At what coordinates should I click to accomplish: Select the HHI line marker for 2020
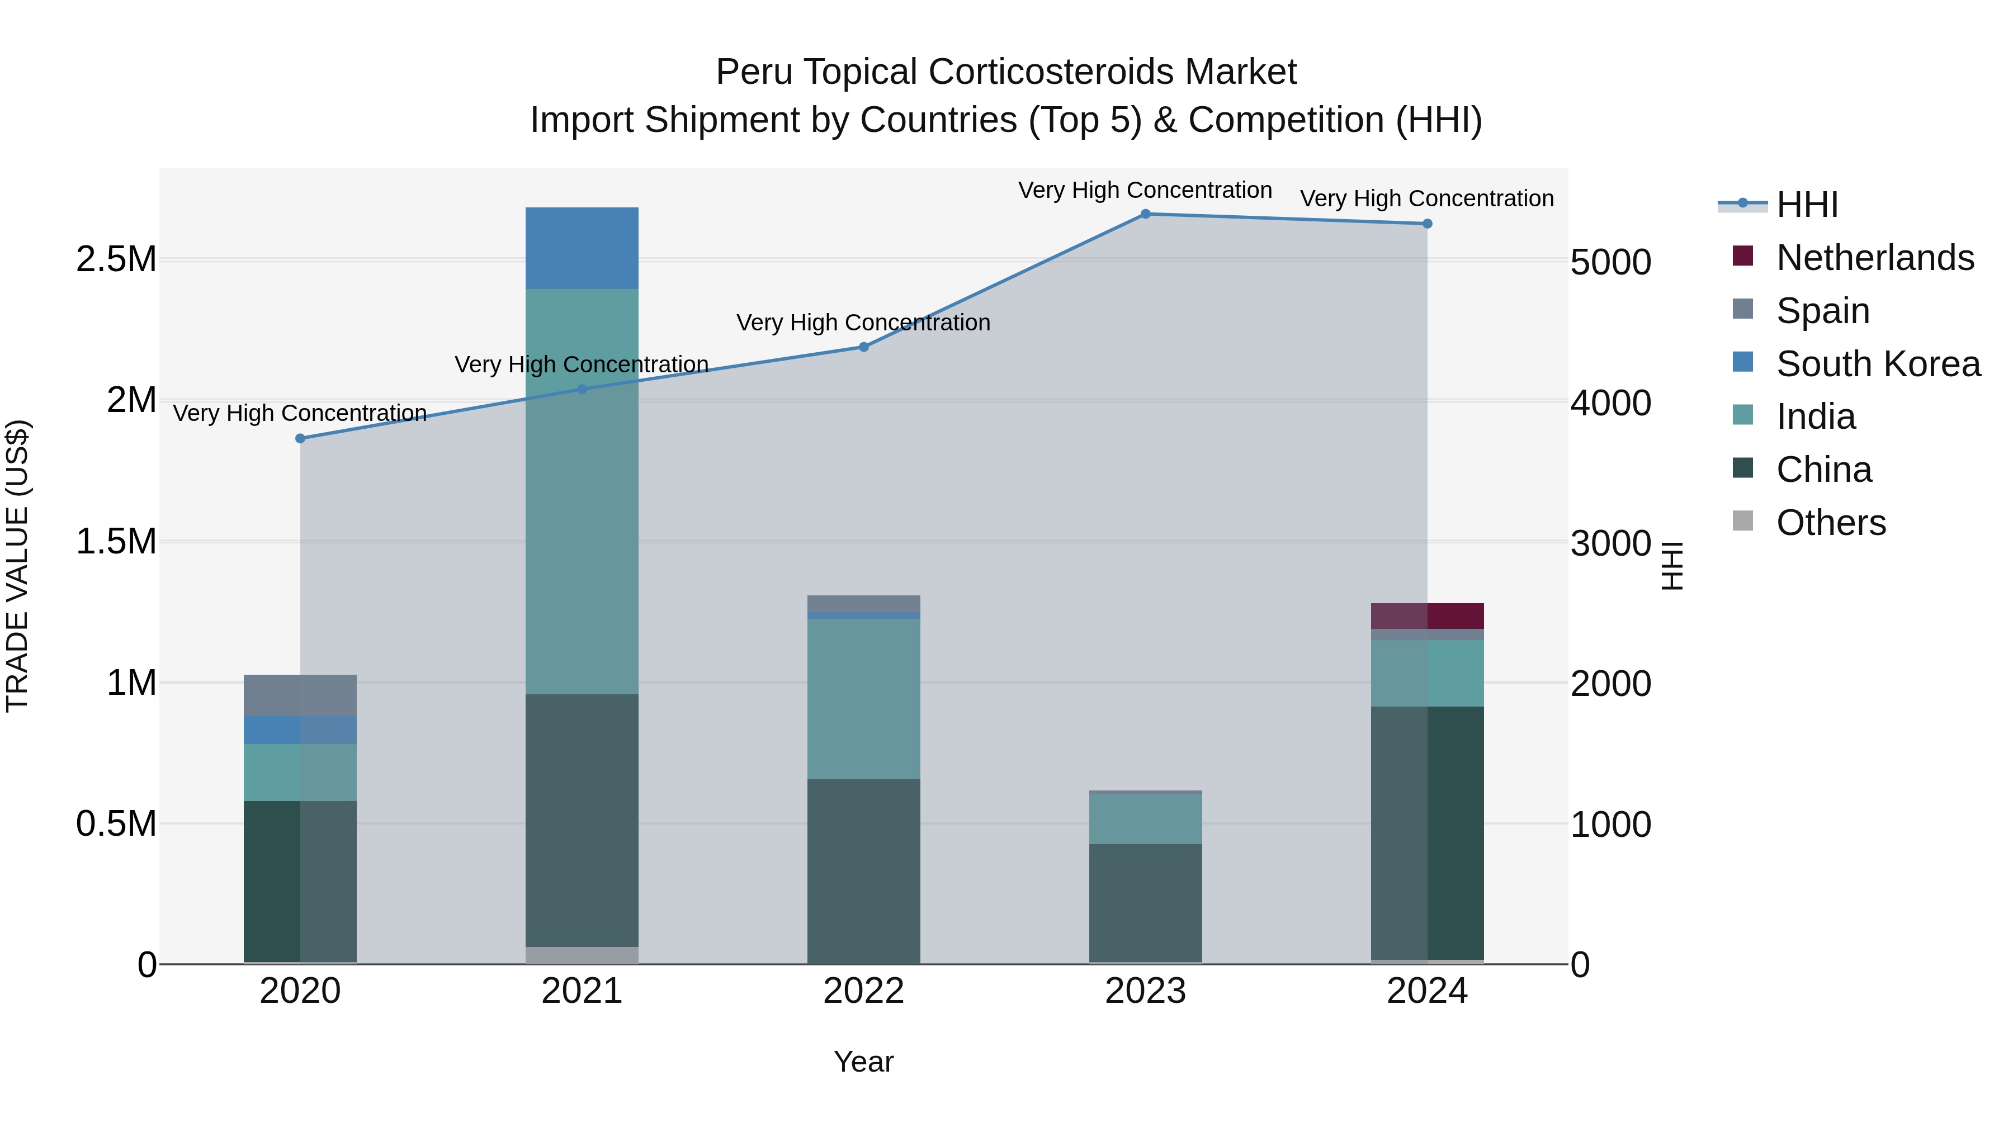point(300,438)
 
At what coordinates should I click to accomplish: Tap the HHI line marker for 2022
point(863,347)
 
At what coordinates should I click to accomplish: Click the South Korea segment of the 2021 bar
point(582,248)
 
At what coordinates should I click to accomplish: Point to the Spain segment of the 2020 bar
point(300,695)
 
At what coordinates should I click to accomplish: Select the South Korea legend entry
point(1878,364)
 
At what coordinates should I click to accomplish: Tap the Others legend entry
point(1830,523)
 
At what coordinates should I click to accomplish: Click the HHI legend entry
point(1807,205)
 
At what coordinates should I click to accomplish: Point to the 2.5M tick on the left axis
point(116,259)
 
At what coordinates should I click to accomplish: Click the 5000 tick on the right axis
point(1610,263)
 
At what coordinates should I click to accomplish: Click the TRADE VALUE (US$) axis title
point(18,566)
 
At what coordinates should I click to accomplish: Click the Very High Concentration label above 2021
point(582,365)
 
